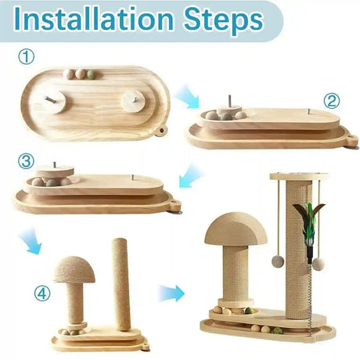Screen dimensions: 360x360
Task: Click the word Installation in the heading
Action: coord(94,19)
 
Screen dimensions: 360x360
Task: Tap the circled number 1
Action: coord(26,57)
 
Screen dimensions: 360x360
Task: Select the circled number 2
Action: coord(332,101)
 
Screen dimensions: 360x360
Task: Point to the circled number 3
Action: coord(26,161)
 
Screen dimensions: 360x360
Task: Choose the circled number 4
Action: coord(42,294)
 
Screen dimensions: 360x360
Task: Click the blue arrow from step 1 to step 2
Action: coord(187,96)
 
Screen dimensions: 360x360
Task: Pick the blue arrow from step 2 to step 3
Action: coord(191,176)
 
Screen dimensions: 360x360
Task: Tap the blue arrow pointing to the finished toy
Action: coord(172,293)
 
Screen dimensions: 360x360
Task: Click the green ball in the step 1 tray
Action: coord(92,74)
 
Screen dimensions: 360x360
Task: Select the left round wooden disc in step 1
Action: coord(55,102)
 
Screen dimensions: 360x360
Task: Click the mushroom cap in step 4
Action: coord(74,269)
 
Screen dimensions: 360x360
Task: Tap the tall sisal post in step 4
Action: coord(121,284)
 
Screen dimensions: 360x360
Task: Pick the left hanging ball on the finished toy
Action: coord(278,261)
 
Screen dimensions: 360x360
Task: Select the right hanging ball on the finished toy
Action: coord(319,264)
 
